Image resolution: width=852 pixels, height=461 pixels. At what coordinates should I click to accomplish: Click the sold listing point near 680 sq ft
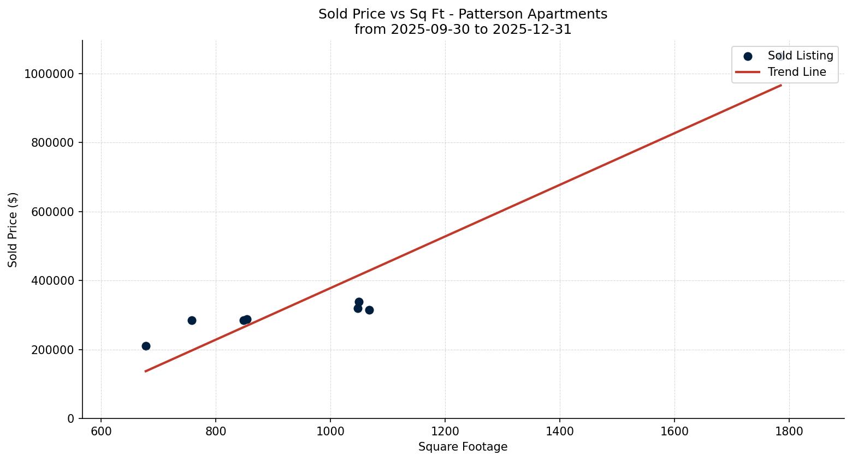pyautogui.click(x=146, y=346)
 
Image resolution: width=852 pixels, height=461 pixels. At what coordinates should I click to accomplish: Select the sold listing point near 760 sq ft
pyautogui.click(x=192, y=320)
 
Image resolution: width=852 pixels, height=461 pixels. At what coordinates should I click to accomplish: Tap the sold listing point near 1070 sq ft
pyautogui.click(x=369, y=310)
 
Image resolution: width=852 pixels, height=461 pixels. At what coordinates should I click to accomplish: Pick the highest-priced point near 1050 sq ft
pyautogui.click(x=359, y=302)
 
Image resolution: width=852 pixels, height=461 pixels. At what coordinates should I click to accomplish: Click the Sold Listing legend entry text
pyautogui.click(x=800, y=56)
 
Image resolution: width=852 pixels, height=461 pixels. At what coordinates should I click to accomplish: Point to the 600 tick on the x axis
pyautogui.click(x=101, y=432)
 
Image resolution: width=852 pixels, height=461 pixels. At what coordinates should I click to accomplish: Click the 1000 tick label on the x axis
pyautogui.click(x=330, y=432)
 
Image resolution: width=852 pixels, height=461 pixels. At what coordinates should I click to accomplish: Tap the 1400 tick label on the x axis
pyautogui.click(x=560, y=432)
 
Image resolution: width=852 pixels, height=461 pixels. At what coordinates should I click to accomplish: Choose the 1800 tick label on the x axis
pyautogui.click(x=789, y=432)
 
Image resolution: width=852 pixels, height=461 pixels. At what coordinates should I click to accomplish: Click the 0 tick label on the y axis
pyautogui.click(x=70, y=418)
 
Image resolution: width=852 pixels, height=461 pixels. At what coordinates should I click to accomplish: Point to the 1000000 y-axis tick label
pyautogui.click(x=49, y=74)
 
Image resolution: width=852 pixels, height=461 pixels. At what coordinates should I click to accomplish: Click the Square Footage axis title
pyautogui.click(x=463, y=447)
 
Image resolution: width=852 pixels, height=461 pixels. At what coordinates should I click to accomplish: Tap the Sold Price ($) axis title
pyautogui.click(x=13, y=230)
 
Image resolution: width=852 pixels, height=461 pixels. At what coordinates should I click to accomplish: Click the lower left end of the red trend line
pyautogui.click(x=146, y=371)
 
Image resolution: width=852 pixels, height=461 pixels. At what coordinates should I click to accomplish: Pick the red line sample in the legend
pyautogui.click(x=747, y=72)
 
